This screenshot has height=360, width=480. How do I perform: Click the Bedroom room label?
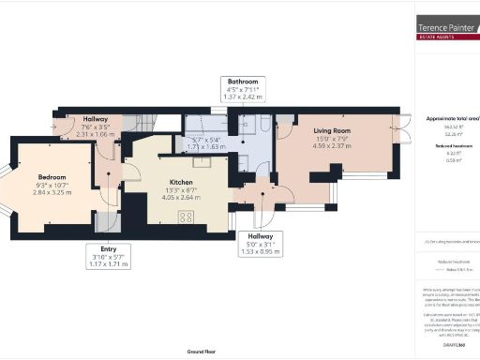click(x=52, y=175)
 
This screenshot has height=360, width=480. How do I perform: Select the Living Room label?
click(x=331, y=131)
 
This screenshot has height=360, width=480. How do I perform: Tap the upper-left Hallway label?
click(x=95, y=119)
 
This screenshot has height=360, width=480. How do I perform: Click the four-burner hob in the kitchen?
click(x=186, y=217)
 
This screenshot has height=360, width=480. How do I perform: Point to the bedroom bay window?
click(x=5, y=191)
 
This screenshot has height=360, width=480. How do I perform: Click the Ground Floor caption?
click(x=202, y=351)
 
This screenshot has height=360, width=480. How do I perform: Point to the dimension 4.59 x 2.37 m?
click(x=331, y=146)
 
